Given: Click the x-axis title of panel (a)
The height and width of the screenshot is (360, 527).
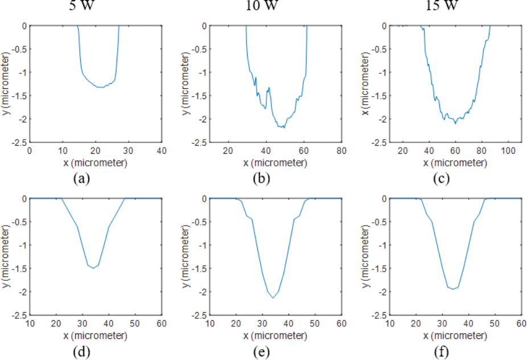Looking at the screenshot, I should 96,163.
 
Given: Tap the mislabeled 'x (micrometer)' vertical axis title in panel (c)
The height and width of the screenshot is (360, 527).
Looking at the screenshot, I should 365,84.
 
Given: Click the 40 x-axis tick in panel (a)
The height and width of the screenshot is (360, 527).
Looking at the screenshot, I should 161,151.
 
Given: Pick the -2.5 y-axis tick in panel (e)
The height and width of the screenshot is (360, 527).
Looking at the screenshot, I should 199,315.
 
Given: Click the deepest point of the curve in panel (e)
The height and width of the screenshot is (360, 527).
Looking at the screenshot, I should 273,298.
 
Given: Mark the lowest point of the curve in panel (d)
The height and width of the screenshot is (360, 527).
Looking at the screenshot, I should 93,268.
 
